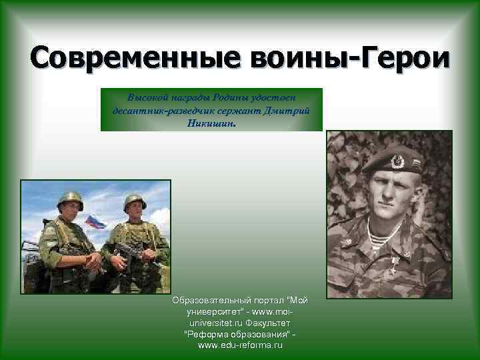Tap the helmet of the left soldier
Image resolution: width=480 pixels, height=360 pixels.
(70, 199)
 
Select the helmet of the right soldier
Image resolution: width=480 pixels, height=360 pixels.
(135, 200)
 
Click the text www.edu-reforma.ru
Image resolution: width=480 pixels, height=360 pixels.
(240, 345)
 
